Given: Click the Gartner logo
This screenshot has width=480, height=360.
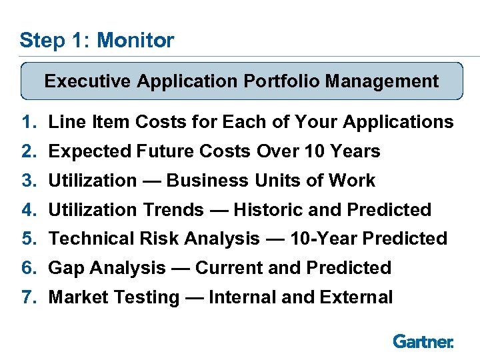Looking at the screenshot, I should click(x=423, y=341).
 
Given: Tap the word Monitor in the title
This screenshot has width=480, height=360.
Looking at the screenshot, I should click(x=135, y=40).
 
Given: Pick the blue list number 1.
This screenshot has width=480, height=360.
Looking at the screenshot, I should click(x=27, y=123).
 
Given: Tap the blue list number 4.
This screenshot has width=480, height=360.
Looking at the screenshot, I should click(x=27, y=210).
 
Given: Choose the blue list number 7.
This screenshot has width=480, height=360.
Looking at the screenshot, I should click(x=27, y=297).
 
